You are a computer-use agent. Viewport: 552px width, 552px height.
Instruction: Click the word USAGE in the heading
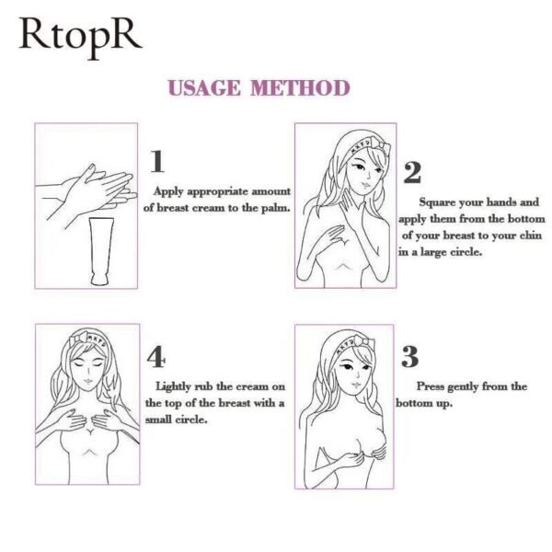[203, 88]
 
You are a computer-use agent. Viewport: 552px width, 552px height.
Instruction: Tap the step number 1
[156, 162]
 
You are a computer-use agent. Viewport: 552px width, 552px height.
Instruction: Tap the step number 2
[412, 172]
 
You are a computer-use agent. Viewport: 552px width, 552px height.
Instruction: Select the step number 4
[156, 357]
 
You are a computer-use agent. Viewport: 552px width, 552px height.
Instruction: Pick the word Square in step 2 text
[439, 201]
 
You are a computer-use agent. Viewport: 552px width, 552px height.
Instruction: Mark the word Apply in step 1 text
[168, 191]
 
